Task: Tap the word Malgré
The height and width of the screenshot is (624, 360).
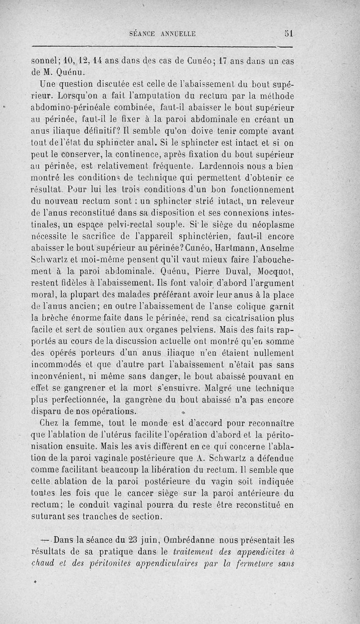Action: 220,387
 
